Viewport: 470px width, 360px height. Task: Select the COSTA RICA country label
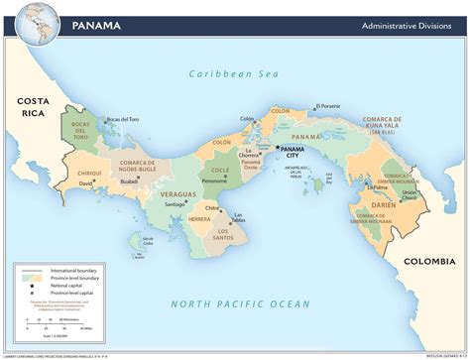pyautogui.click(x=34, y=108)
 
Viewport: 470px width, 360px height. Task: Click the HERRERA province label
pyautogui.click(x=199, y=219)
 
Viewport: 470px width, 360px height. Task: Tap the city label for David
pyautogui.click(x=86, y=183)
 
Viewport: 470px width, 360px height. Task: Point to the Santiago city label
pyautogui.click(x=175, y=204)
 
